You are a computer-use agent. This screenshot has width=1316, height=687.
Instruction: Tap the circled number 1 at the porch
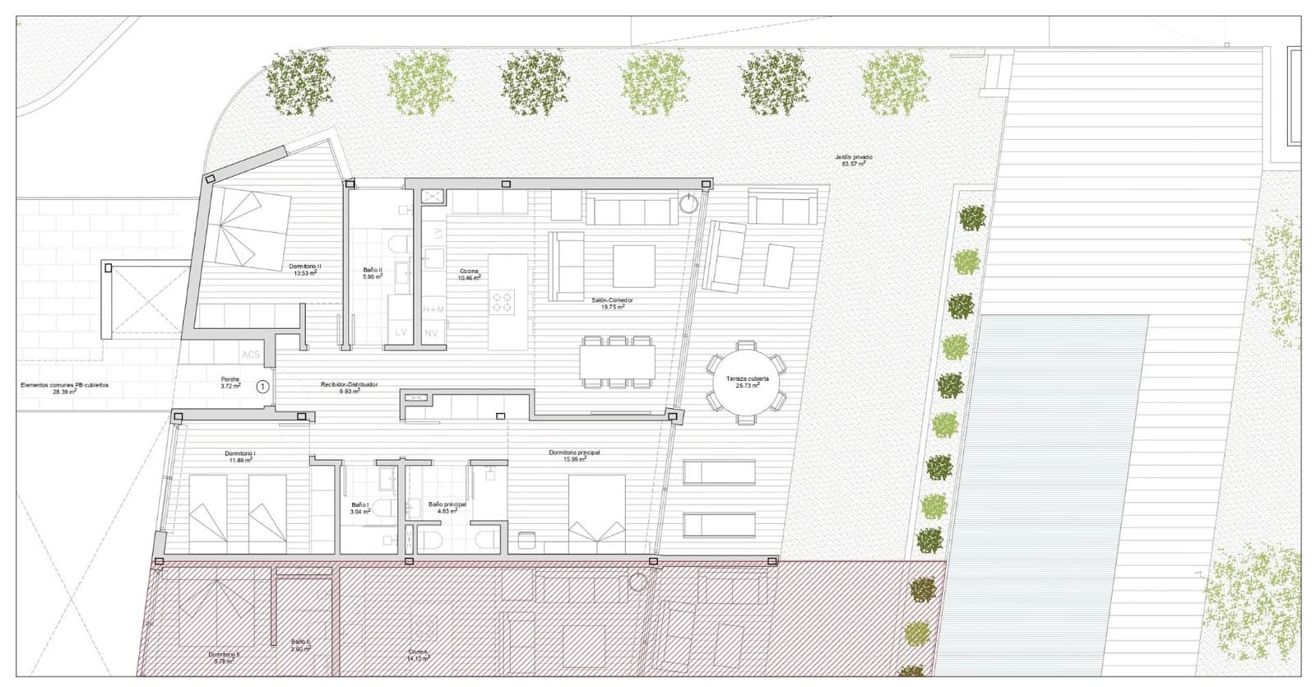(262, 385)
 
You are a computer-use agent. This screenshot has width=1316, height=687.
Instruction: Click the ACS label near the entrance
(250, 355)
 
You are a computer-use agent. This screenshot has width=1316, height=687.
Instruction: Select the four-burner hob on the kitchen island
(503, 302)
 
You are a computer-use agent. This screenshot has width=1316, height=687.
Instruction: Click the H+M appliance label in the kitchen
(433, 309)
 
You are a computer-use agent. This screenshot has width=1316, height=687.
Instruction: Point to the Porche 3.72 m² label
(230, 383)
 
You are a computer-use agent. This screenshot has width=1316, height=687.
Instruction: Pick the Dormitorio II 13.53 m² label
(305, 270)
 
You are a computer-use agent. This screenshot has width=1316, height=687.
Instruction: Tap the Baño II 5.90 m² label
(373, 273)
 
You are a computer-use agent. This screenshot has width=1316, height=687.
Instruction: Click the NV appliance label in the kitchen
(431, 333)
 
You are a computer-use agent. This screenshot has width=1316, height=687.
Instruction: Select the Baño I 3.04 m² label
(360, 508)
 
